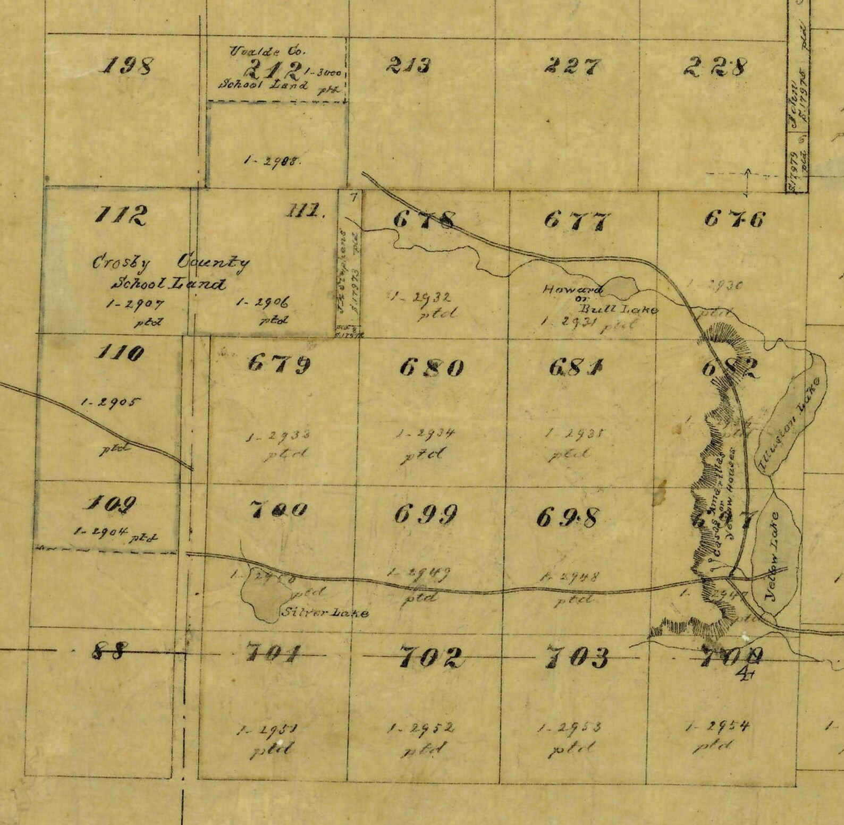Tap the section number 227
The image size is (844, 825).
[x=572, y=66]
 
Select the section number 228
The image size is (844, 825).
[x=715, y=67]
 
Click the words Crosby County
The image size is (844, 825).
[x=171, y=262]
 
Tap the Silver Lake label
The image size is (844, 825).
[x=324, y=613]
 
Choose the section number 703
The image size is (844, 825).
[x=577, y=658]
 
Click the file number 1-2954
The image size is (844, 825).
[x=718, y=726]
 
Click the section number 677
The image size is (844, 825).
[x=577, y=220]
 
